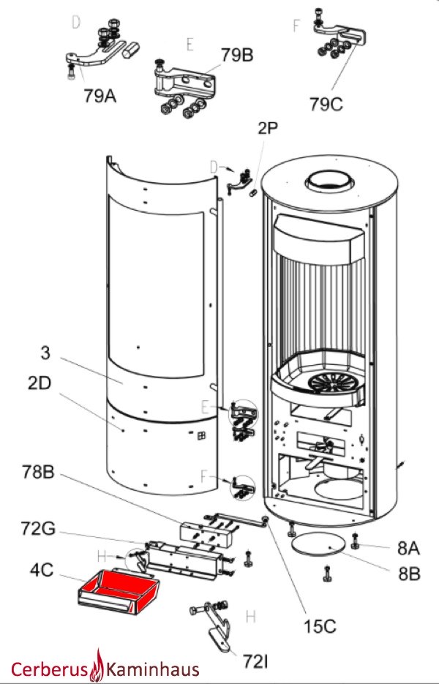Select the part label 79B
click(238, 55)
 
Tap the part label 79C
click(326, 105)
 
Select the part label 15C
click(320, 627)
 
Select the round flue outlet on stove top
click(330, 183)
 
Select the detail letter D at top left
click(75, 23)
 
